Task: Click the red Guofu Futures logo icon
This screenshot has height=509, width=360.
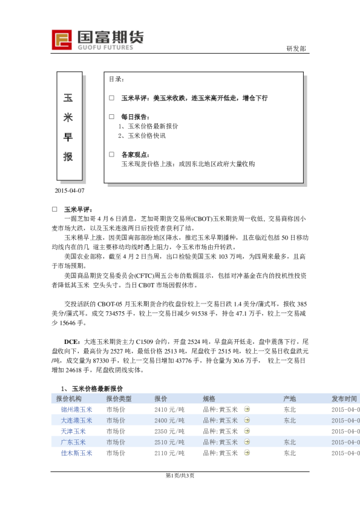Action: pyautogui.click(x=62, y=39)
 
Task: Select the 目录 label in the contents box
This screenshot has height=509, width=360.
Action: pyautogui.click(x=117, y=79)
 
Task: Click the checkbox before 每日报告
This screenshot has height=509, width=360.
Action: pyautogui.click(x=111, y=116)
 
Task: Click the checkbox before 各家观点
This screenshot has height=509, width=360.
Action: pyautogui.click(x=111, y=154)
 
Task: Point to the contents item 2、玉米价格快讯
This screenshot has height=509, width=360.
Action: pyautogui.click(x=142, y=136)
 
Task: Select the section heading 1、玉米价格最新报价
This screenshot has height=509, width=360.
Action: pyautogui.click(x=92, y=389)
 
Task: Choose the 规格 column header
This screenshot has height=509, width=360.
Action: pyautogui.click(x=209, y=399)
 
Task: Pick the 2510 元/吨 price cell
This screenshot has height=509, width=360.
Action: pyautogui.click(x=169, y=443)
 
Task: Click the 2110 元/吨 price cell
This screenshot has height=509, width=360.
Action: pyautogui.click(x=169, y=453)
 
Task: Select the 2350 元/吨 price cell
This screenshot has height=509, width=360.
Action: pyautogui.click(x=169, y=432)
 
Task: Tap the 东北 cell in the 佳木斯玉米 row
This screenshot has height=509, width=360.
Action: pyautogui.click(x=290, y=453)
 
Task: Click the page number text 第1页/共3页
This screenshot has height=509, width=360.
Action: pyautogui.click(x=180, y=476)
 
